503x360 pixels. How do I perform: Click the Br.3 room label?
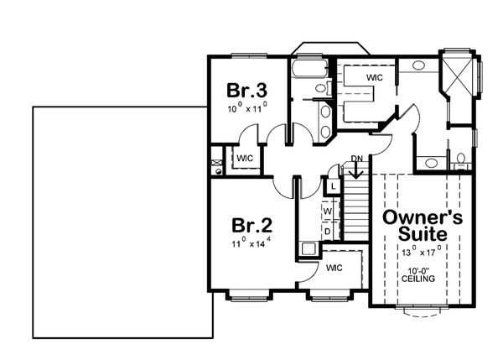(245, 91)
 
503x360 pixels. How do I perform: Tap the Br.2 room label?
(251, 226)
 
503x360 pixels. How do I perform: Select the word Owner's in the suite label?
(423, 217)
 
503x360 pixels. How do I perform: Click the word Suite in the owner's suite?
(423, 234)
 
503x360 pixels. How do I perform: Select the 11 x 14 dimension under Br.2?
(251, 244)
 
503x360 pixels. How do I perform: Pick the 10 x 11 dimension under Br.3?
(245, 108)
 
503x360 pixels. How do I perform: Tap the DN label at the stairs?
(356, 159)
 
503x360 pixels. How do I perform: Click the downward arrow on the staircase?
(356, 172)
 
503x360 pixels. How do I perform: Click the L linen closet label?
(333, 185)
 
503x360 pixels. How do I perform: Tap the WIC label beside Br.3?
(245, 158)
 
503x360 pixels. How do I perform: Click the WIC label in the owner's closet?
(376, 76)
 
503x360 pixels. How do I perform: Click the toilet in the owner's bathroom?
(460, 160)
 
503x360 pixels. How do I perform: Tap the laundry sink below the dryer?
(309, 248)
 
